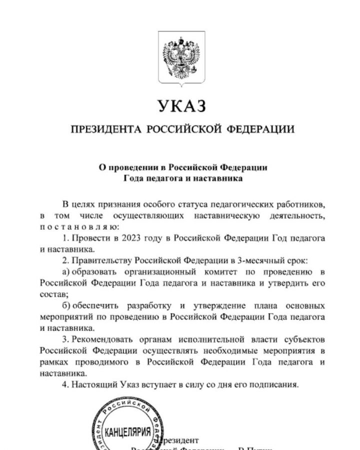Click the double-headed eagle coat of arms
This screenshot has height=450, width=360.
coord(181,56)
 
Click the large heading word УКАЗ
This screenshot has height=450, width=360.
coord(181,106)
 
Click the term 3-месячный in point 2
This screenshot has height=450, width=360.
coord(262,260)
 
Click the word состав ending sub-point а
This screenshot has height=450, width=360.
coord(52,294)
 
